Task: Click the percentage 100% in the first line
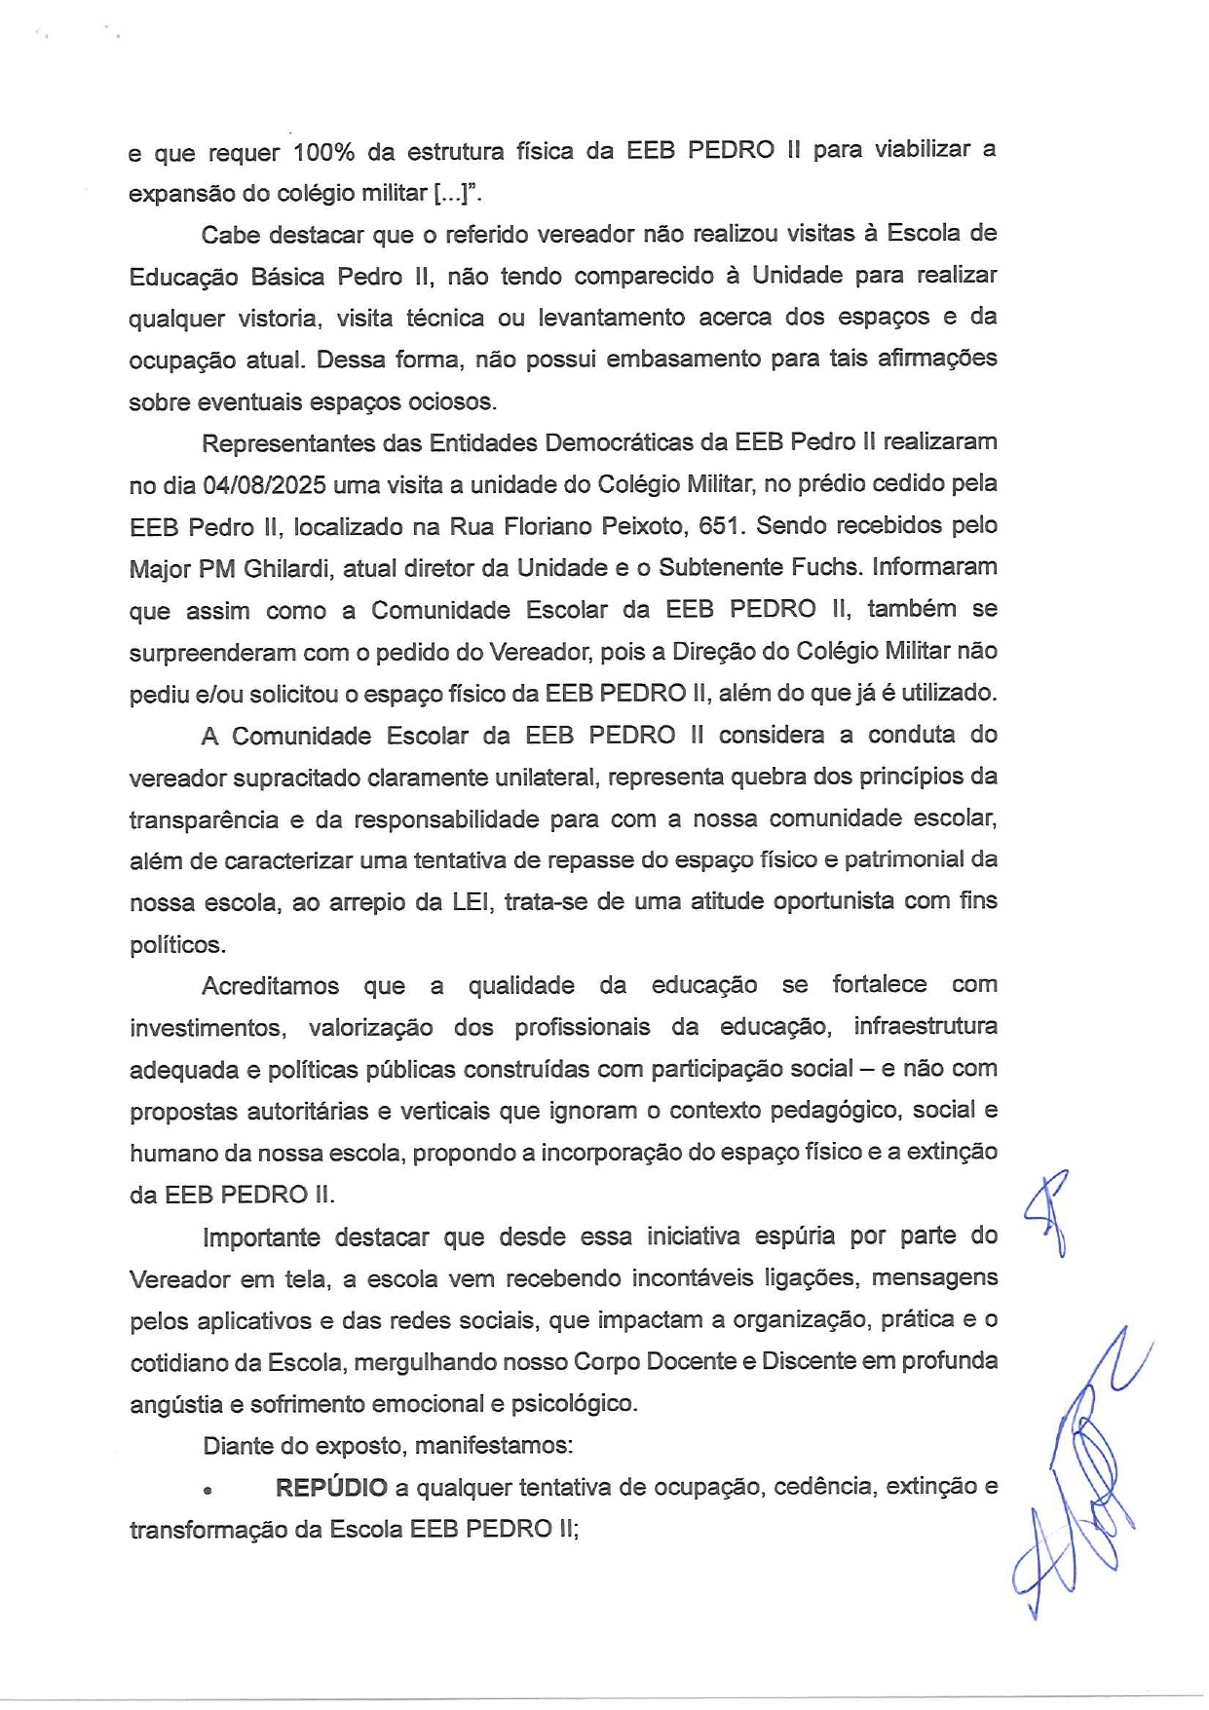(323, 152)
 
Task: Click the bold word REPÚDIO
(331, 1488)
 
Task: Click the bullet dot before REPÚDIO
(208, 1491)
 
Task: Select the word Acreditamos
(270, 986)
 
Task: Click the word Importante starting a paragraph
(261, 1237)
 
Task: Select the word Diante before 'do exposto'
(235, 1446)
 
